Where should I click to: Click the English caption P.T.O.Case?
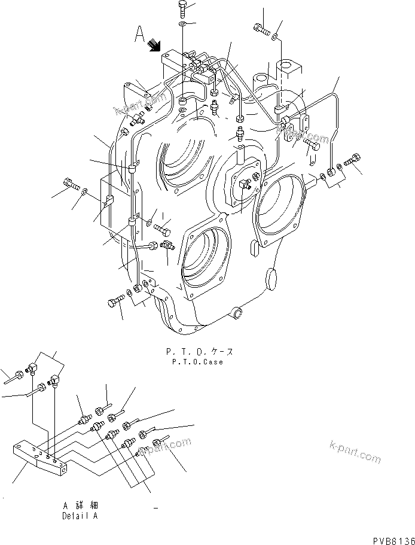pos(197,362)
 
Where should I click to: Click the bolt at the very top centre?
pos(183,10)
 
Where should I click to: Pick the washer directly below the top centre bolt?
pos(183,25)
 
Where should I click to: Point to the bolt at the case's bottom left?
pos(114,302)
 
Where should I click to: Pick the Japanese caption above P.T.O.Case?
pos(197,352)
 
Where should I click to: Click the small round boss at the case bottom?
pos(238,312)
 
